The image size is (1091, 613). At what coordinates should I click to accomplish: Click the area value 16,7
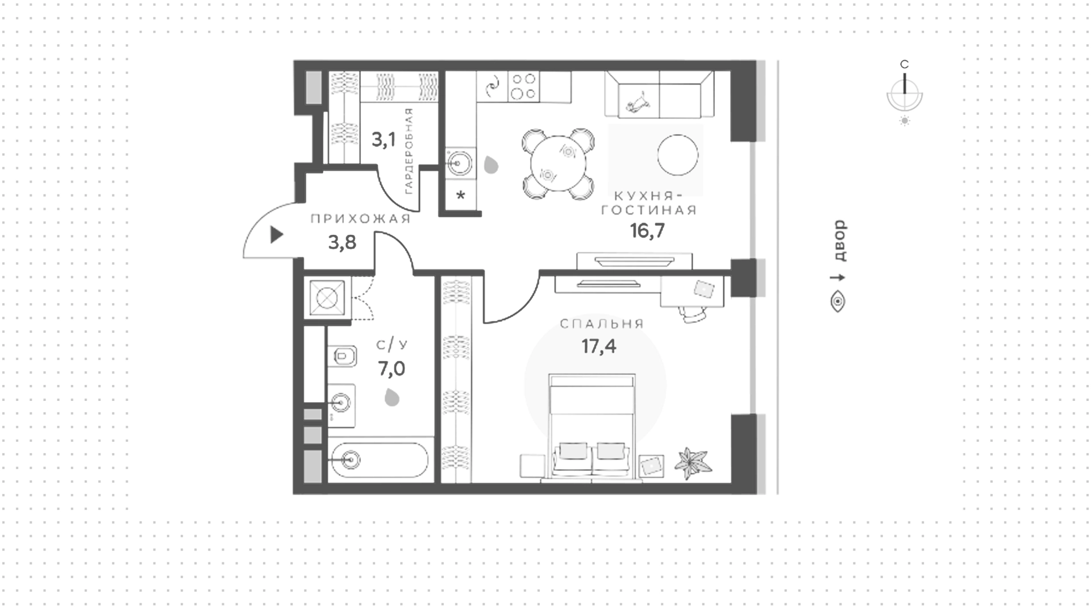coord(647,231)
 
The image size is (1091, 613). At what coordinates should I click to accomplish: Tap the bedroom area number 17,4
coord(599,346)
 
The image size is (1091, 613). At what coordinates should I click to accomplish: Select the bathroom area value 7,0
coord(392,369)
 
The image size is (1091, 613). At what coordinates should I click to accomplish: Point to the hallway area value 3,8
coord(342,243)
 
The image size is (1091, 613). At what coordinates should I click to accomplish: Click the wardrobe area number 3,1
coord(384,139)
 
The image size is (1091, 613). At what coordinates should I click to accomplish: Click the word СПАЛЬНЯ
coord(602,324)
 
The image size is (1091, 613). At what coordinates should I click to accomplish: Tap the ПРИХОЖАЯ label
coord(360,219)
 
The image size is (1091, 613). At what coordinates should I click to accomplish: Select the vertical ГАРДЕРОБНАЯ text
coord(409,151)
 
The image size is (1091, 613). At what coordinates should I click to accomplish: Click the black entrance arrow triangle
coord(276,235)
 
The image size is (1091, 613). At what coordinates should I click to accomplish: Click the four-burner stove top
coord(523,86)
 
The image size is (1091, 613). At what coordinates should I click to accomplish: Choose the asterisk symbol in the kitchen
coord(461,196)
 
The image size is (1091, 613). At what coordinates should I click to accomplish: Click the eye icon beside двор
coord(838,301)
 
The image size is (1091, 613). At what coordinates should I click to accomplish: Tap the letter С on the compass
coord(905,64)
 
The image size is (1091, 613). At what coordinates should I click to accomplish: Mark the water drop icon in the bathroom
coord(392,397)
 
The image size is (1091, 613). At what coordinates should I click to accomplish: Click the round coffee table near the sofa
coord(677,155)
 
